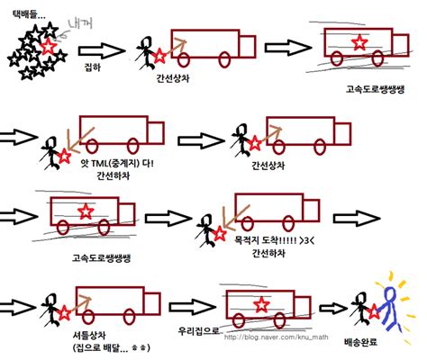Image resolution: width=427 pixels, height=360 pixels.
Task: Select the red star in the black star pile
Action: click(49, 46)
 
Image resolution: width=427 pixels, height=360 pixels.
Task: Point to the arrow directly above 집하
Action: click(107, 50)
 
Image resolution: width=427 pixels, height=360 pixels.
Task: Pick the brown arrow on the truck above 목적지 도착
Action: click(223, 216)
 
